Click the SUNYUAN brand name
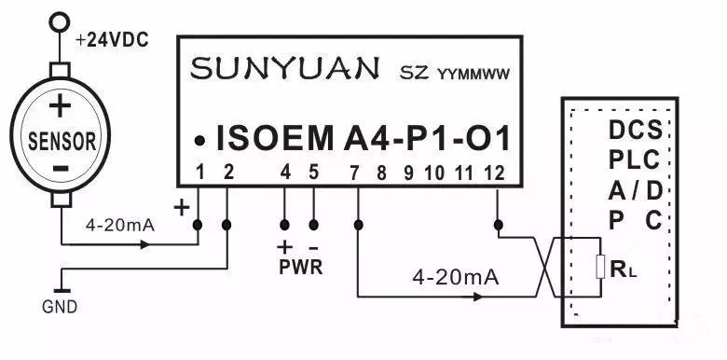(284, 69)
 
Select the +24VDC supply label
(112, 41)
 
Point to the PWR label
(299, 268)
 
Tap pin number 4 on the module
(286, 172)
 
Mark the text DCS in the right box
(636, 128)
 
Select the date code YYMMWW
(474, 74)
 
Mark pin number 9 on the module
(407, 172)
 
